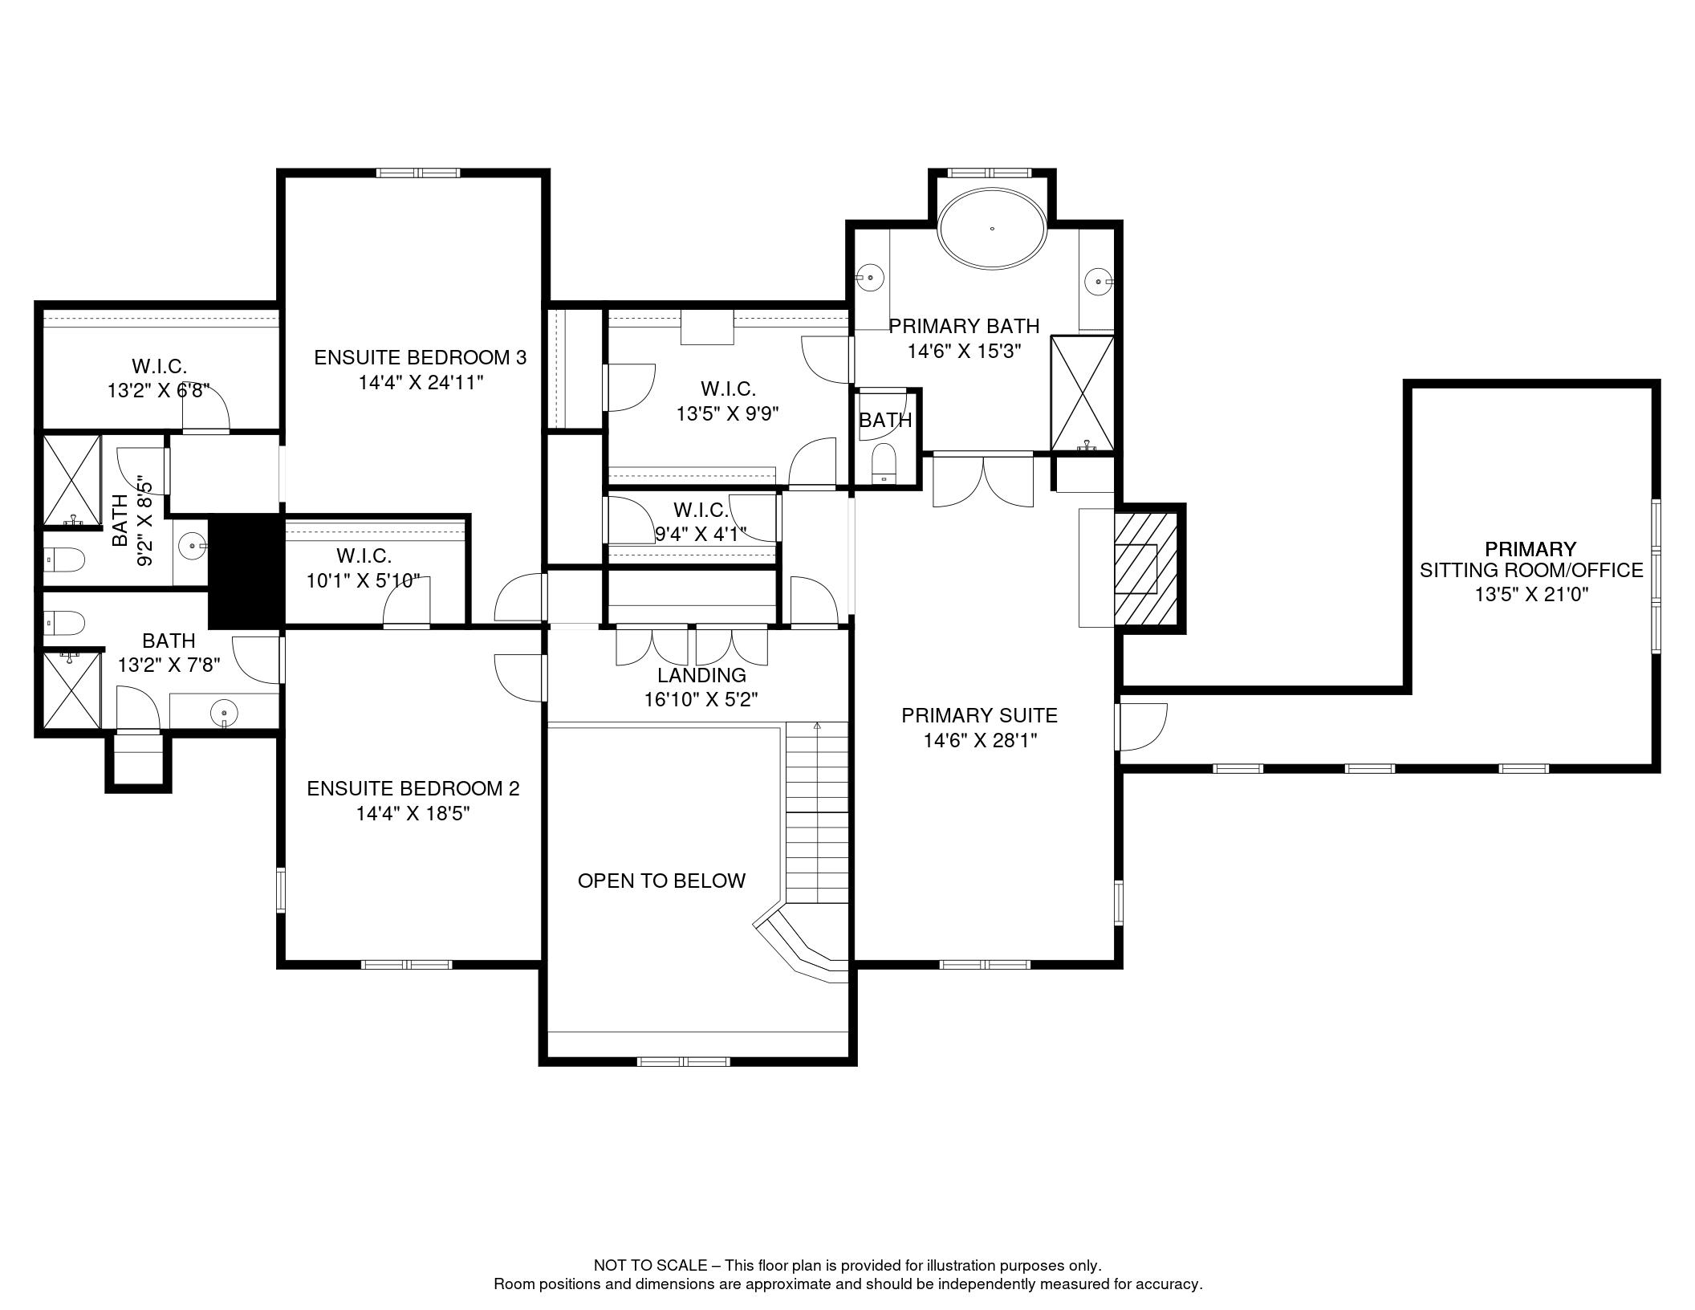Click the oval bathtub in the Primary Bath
[992, 228]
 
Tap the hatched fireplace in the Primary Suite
[1145, 568]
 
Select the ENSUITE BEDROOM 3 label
[420, 357]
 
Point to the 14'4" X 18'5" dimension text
[413, 813]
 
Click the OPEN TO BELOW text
[661, 881]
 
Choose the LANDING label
[701, 675]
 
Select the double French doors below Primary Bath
[983, 481]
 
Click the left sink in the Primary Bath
[869, 278]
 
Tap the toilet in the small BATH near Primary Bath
[884, 463]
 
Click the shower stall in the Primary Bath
[1082, 393]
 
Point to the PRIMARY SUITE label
[979, 715]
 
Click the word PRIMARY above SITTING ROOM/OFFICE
[1530, 549]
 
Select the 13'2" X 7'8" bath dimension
[169, 665]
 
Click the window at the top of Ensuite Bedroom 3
[419, 172]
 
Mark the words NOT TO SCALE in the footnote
[650, 1266]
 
